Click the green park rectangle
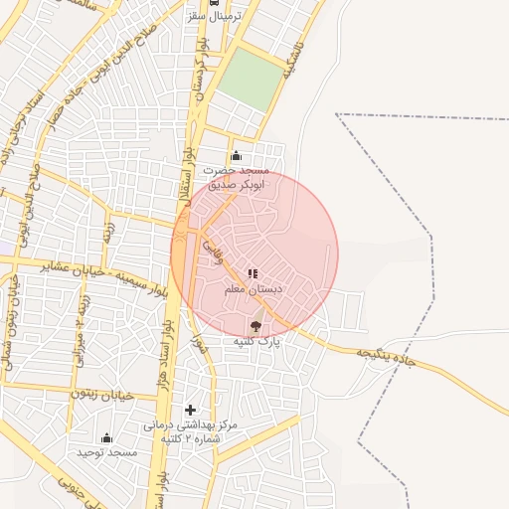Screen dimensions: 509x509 [x=249, y=81]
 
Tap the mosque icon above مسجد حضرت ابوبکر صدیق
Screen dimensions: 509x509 [x=236, y=155]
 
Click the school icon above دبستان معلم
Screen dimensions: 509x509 [x=253, y=273]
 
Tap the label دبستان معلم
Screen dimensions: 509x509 [x=253, y=289]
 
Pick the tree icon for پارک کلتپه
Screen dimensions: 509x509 [x=255, y=326]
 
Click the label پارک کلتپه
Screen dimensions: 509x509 [x=257, y=342]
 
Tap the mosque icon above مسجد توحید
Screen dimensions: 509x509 [x=106, y=437]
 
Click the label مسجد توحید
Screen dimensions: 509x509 [x=106, y=453]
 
